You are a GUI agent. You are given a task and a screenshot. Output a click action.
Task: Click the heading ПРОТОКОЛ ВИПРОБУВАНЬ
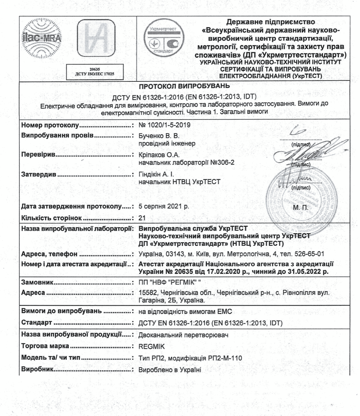pyautogui.click(x=184, y=86)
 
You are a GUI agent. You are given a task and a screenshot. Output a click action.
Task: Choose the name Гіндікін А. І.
pyautogui.click(x=157, y=174)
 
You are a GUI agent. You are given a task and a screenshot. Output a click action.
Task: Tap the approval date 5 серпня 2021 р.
pyautogui.click(x=163, y=206)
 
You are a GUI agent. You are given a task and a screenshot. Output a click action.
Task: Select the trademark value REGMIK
pyautogui.click(x=151, y=346)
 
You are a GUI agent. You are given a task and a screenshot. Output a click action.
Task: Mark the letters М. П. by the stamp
pyautogui.click(x=301, y=208)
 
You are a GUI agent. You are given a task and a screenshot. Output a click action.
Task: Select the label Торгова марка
pyautogui.click(x=45, y=346)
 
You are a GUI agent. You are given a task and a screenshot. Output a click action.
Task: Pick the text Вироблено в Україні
pyautogui.click(x=170, y=370)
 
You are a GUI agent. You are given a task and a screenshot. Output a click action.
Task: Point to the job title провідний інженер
pyautogui.click(x=167, y=143)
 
